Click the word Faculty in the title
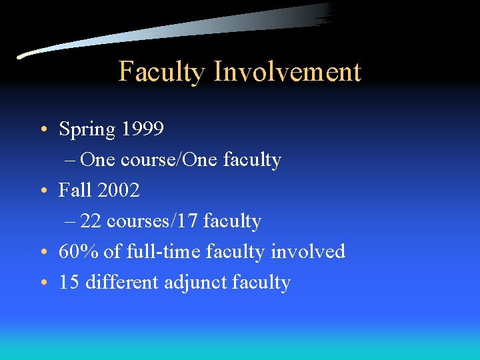click(x=161, y=72)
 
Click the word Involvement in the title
click(x=287, y=72)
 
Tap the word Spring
click(x=87, y=129)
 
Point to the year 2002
click(x=118, y=190)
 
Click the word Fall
click(x=75, y=190)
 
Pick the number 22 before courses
click(x=91, y=221)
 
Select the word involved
click(x=307, y=251)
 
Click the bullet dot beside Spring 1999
click(x=42, y=129)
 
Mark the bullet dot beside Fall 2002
click(x=42, y=191)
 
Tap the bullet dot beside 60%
click(x=42, y=252)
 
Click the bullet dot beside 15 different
click(x=42, y=283)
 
